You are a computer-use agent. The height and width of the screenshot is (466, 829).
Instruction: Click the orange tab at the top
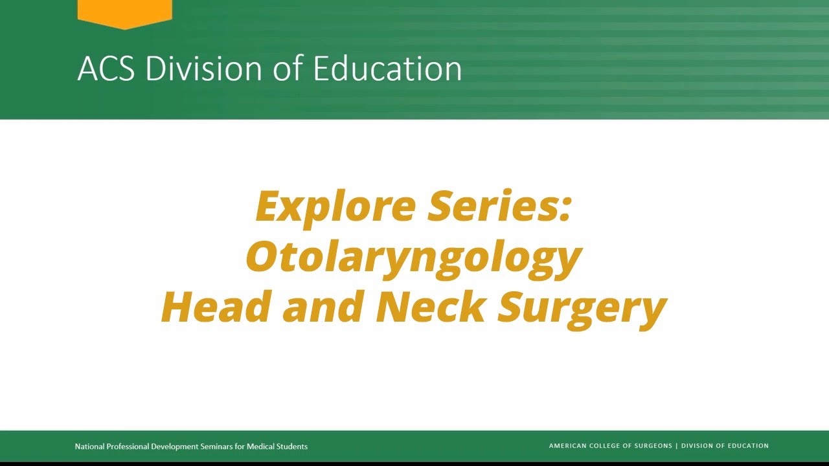point(124,12)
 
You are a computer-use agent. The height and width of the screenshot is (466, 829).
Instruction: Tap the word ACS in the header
point(106,69)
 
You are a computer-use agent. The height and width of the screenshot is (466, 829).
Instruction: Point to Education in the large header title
point(387,69)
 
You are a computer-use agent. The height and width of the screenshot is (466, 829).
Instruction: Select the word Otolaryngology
point(414,258)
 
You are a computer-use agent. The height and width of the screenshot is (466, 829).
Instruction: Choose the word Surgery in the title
point(582,308)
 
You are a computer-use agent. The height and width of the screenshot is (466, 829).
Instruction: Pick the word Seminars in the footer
point(215,447)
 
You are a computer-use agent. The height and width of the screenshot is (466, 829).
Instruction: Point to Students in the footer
point(292,447)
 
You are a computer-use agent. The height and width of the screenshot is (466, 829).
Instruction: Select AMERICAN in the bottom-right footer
point(567,446)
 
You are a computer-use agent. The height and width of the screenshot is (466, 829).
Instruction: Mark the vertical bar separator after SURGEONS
point(676,446)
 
